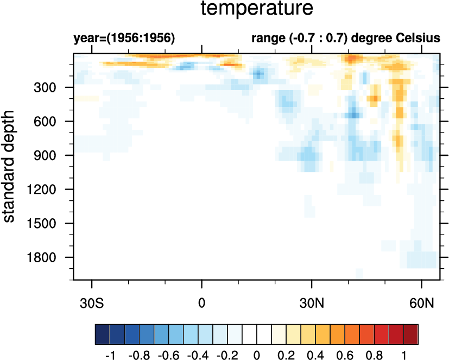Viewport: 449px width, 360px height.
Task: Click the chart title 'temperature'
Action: click(257, 9)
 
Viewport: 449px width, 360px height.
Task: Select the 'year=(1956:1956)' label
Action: click(123, 39)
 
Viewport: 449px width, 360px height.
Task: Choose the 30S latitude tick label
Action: click(92, 301)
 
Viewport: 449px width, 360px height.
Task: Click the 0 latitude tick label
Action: click(202, 301)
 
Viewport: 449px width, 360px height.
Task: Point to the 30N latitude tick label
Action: click(312, 301)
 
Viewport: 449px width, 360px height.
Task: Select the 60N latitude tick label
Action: click(422, 301)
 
